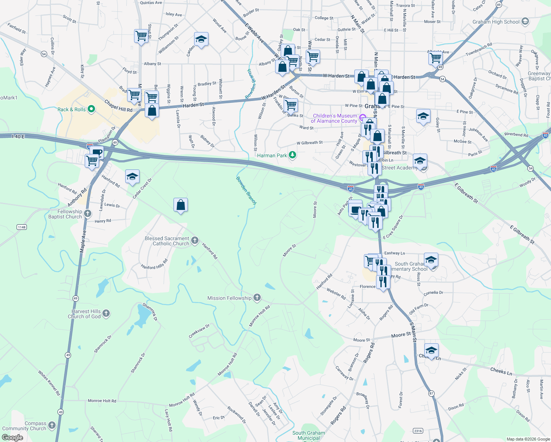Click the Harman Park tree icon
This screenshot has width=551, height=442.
(x=292, y=155)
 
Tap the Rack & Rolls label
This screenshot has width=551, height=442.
(x=71, y=109)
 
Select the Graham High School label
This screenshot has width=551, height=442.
(x=496, y=22)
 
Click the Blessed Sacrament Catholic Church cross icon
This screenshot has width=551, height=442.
(x=195, y=241)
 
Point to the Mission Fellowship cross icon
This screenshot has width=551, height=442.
(x=257, y=298)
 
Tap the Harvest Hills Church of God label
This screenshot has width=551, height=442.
(x=84, y=314)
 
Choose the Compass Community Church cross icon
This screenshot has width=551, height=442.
(x=52, y=425)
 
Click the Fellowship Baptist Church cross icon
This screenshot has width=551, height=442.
(x=88, y=213)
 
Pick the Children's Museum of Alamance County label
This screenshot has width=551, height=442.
(x=334, y=118)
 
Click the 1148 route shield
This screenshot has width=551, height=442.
(x=22, y=227)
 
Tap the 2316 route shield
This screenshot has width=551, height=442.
(x=418, y=431)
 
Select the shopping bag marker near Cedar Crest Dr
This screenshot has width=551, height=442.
(x=180, y=205)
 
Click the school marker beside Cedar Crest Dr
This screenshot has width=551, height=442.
(x=132, y=177)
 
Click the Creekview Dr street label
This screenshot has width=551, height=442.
(x=199, y=331)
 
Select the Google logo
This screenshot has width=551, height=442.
(x=13, y=438)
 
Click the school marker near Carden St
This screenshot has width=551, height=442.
(x=201, y=39)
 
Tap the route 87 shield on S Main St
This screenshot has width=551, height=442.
(x=431, y=393)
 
